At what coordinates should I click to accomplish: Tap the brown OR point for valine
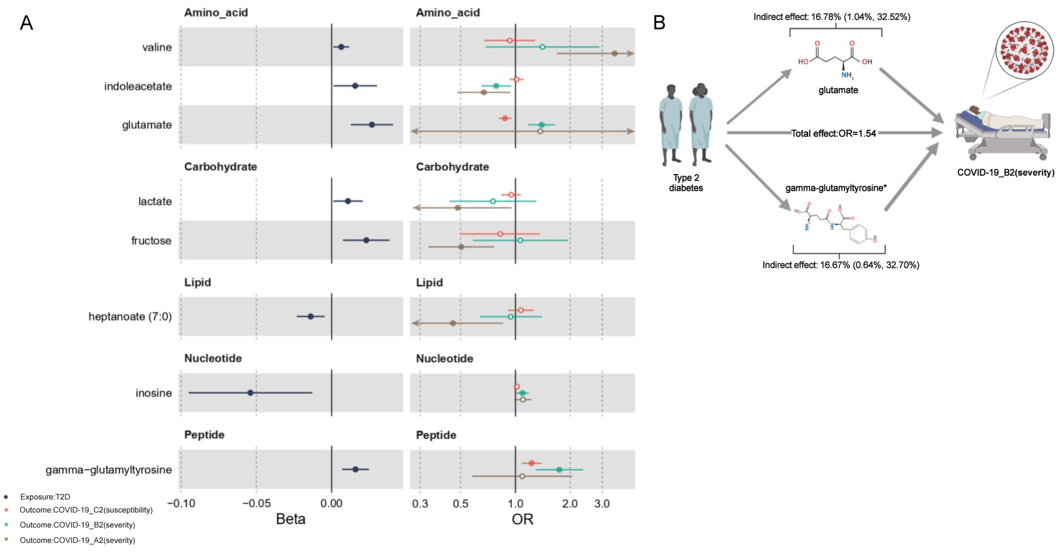614,54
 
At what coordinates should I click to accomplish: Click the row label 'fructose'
151,240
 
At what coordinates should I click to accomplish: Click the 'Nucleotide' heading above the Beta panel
213,358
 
